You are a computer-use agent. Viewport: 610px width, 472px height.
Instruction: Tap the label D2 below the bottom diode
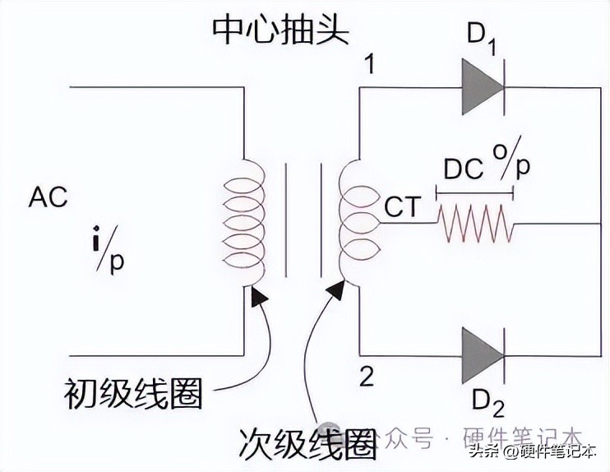(488, 403)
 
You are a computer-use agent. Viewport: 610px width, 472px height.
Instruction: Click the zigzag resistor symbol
(475, 224)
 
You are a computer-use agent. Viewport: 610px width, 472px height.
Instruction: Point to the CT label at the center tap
(403, 206)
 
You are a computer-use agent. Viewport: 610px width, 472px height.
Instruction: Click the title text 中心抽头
(280, 30)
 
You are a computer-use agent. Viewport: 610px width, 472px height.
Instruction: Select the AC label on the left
(48, 197)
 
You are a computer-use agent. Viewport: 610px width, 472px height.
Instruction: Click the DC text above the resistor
(464, 169)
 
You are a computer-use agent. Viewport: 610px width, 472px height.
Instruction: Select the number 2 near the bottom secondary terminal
(367, 376)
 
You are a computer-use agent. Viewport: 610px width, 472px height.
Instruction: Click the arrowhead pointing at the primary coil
(260, 297)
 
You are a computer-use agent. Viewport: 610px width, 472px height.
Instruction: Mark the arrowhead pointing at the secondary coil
(335, 289)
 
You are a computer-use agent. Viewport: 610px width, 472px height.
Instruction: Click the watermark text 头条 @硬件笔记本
(532, 451)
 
